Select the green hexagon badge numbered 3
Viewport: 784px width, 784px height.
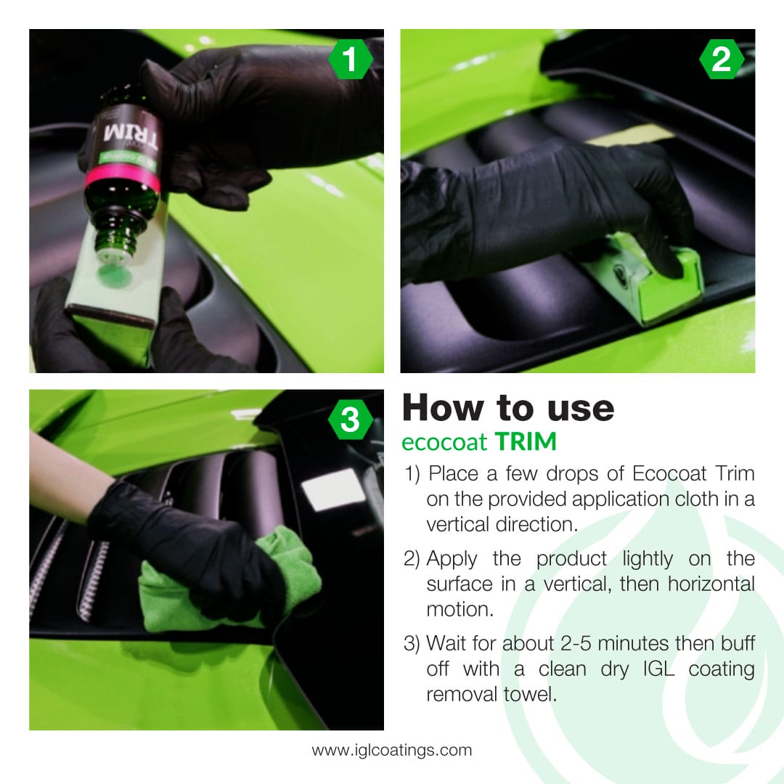(351, 420)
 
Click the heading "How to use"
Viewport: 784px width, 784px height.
(507, 408)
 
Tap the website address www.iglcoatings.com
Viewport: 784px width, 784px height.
(392, 750)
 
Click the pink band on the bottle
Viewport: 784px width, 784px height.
(122, 179)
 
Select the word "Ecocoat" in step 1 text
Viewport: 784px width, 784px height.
(667, 474)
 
